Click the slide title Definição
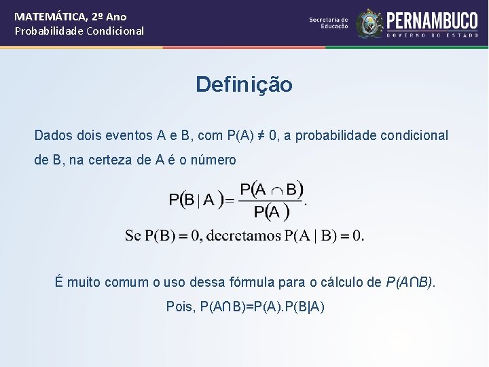point(244,85)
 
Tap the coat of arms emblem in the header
point(369,23)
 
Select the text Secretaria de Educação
point(329,23)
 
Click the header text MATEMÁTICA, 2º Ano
point(71,16)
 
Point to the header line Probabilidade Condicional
point(79,31)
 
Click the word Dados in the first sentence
point(52,135)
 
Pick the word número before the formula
point(214,160)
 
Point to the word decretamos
point(243,236)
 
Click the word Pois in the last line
point(181,307)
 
